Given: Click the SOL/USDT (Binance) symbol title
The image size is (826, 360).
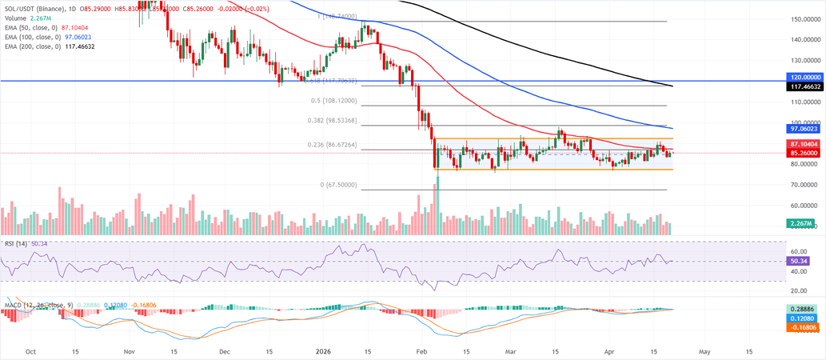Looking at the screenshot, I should tap(34, 8).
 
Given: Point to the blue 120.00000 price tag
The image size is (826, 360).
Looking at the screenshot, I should tap(806, 81).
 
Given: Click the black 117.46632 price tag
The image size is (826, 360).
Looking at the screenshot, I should tap(806, 90).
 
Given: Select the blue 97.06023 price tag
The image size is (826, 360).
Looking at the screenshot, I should tap(806, 128).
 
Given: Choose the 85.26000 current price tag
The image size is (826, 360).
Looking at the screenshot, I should tap(806, 153).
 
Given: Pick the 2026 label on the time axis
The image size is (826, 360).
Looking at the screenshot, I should tap(324, 350).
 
